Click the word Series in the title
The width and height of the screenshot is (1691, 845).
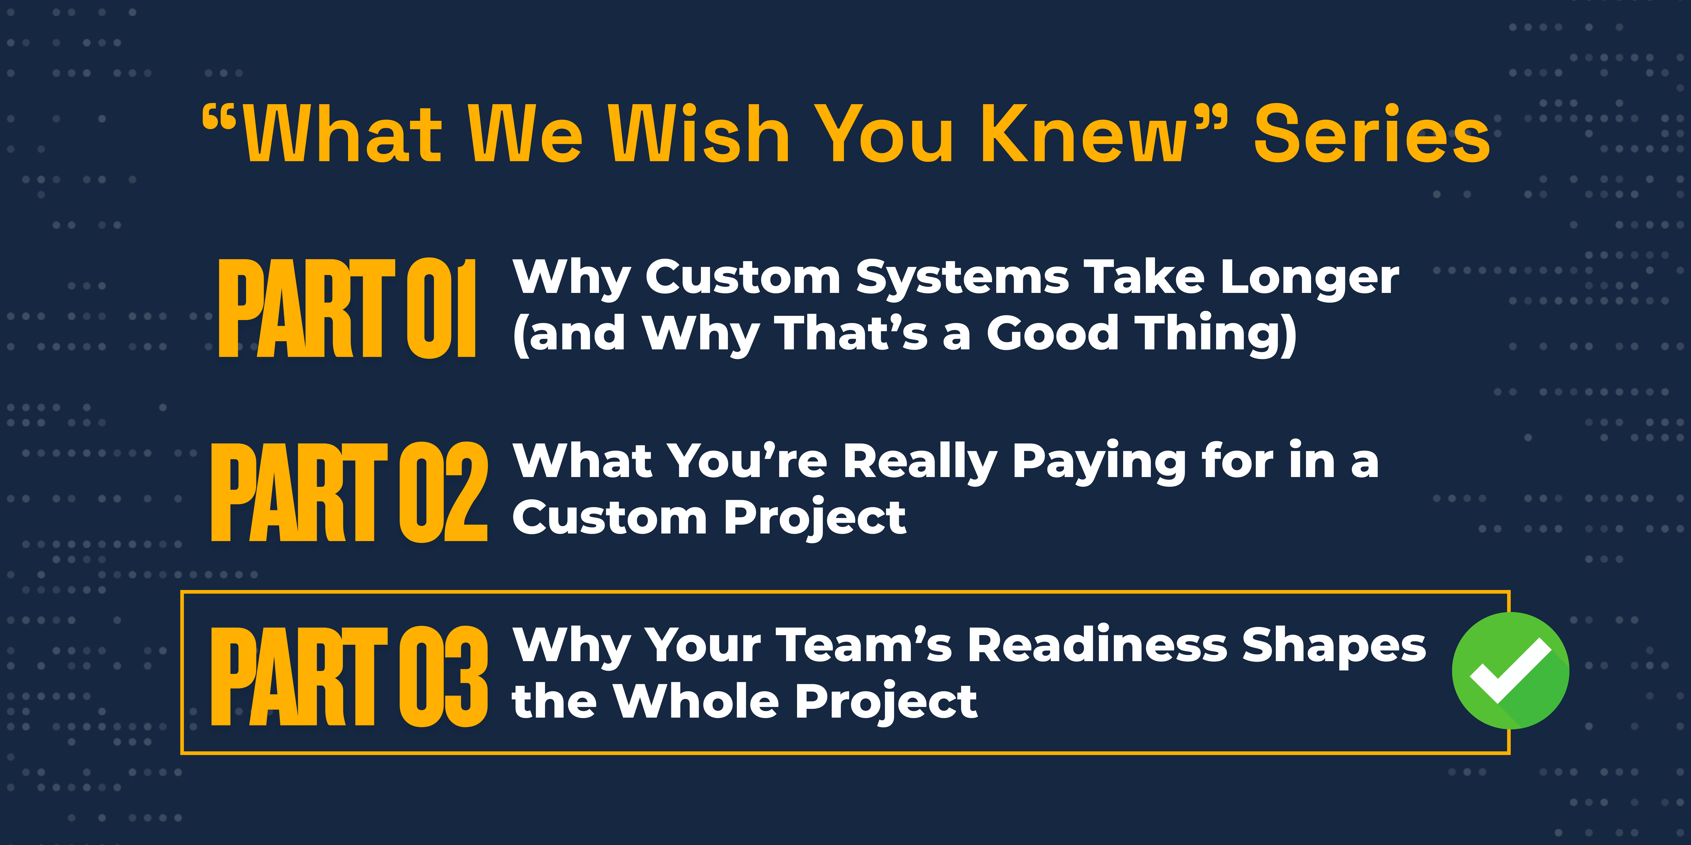point(1372,134)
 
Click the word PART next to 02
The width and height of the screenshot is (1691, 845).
point(299,492)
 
